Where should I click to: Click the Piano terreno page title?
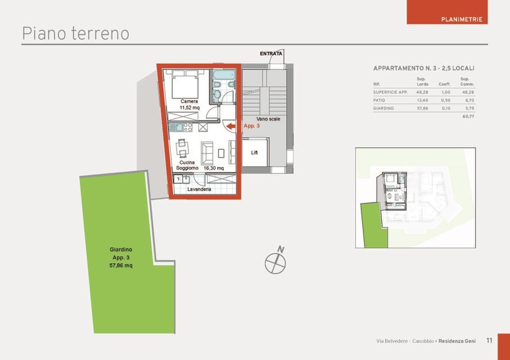[75, 34]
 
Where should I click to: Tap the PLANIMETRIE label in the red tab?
[462, 20]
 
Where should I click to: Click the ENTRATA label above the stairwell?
[271, 54]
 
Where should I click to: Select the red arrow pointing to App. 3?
[231, 126]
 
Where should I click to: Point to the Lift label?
[254, 152]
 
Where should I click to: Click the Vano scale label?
[268, 119]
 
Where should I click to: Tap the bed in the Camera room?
[185, 85]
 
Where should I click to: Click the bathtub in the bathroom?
[224, 75]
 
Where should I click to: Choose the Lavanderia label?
[199, 189]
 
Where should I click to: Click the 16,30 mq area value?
[214, 168]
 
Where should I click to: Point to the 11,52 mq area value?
[189, 108]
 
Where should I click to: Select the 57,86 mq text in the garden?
[120, 266]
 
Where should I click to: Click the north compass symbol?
[276, 261]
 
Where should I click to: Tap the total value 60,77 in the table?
[469, 117]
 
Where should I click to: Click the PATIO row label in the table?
[379, 101]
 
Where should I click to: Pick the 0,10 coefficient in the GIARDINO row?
[446, 108]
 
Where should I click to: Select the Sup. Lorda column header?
[422, 82]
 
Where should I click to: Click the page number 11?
[489, 340]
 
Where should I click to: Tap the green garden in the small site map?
[374, 225]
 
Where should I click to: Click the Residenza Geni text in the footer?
[457, 341]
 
